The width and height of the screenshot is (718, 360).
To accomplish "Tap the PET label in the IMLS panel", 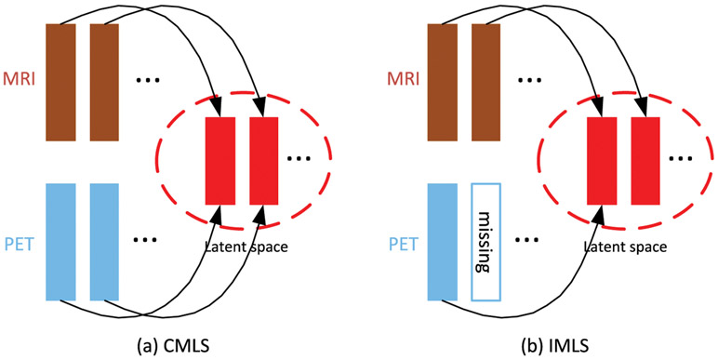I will click(400, 241).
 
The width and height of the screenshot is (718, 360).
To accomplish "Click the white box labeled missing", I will click(485, 241).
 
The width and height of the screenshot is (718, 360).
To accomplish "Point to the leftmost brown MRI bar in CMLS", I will click(60, 81).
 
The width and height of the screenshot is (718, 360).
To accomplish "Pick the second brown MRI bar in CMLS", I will click(104, 81).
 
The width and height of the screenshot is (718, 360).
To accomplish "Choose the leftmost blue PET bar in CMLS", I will click(60, 241).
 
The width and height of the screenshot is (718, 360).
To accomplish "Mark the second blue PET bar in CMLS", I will click(104, 241).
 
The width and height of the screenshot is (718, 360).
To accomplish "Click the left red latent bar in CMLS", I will click(219, 160).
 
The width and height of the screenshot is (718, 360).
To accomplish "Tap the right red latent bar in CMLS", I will click(263, 160).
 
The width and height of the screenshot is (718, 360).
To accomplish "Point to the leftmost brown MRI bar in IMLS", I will click(442, 81).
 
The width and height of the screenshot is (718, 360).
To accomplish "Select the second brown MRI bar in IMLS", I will click(485, 81).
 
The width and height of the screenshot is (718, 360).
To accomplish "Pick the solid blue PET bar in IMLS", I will click(442, 241).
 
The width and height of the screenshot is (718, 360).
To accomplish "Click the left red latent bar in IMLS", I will click(602, 160).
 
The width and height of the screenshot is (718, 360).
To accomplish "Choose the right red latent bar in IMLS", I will click(645, 160).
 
